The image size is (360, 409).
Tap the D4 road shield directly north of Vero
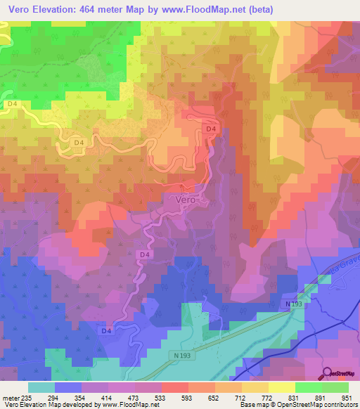210,129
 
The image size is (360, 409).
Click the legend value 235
27,397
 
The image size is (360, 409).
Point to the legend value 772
265,397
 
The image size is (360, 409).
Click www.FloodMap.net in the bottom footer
135,405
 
